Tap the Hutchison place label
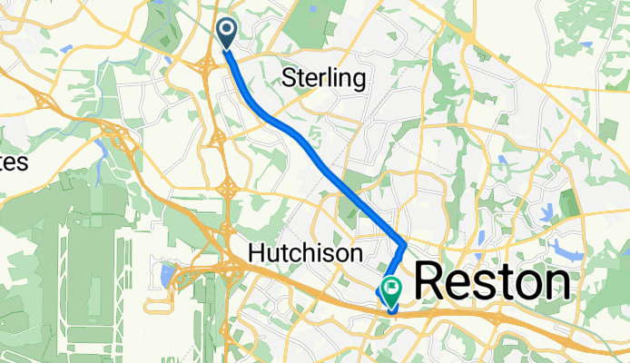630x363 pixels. tap(308, 251)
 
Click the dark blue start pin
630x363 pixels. tap(225, 34)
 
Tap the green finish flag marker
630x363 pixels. tap(391, 290)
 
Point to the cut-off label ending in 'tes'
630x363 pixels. tap(14, 162)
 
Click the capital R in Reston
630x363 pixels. tap(432, 283)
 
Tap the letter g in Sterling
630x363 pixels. tap(359, 80)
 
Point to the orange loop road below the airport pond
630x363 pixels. tap(160, 302)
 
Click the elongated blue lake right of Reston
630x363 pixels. tap(567, 250)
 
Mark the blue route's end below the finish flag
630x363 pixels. tap(391, 309)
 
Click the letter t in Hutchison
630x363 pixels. tap(286, 251)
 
